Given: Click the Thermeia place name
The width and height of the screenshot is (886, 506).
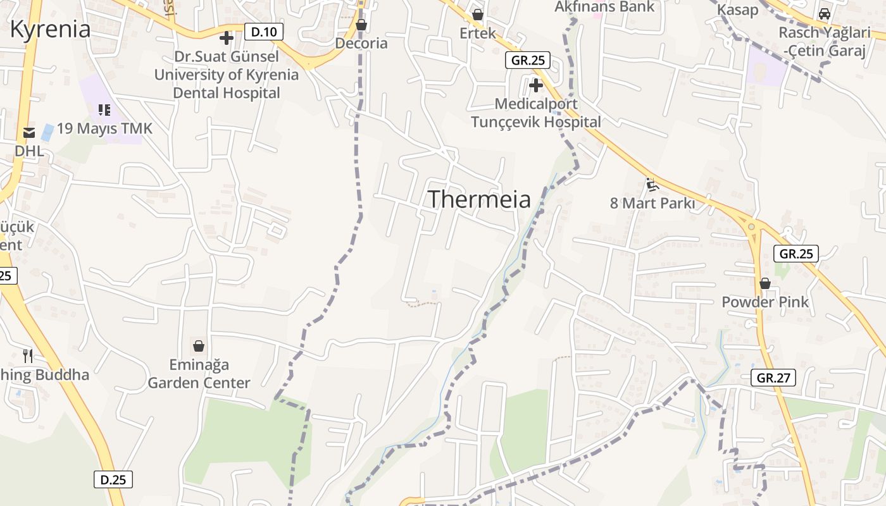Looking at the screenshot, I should [x=479, y=199].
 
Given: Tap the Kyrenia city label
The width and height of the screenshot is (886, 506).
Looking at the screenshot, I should [x=51, y=29].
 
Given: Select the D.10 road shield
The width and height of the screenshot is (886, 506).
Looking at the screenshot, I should [x=264, y=32].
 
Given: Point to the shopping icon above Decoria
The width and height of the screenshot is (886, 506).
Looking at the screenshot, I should [x=361, y=25].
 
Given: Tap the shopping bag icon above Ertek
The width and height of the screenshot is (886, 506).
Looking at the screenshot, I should [x=478, y=15].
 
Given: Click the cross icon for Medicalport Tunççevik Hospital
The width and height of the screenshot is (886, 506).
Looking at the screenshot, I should [x=536, y=85].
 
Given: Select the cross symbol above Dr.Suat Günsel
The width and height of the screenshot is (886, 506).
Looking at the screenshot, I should [x=226, y=38].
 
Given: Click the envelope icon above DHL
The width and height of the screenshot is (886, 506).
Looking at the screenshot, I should [x=29, y=133].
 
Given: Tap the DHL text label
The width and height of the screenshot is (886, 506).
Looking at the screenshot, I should [x=29, y=151].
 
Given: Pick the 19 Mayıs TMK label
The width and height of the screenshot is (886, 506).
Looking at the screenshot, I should [x=104, y=129].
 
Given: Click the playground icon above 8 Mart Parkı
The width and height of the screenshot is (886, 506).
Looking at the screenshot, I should [x=652, y=185].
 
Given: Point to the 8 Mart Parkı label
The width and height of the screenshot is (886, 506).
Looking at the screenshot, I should [x=652, y=203].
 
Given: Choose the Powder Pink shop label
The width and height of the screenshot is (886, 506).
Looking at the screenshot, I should [x=765, y=302].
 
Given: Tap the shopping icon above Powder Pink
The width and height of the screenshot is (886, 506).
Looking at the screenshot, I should [x=765, y=283].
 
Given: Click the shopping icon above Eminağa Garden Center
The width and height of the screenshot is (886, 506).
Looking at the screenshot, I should [x=199, y=346].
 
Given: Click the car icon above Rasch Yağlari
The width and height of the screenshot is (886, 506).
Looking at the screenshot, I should [x=824, y=14].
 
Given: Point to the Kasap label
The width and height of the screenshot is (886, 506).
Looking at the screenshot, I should [x=737, y=9].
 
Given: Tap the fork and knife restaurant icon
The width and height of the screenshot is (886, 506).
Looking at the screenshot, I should [x=27, y=355].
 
